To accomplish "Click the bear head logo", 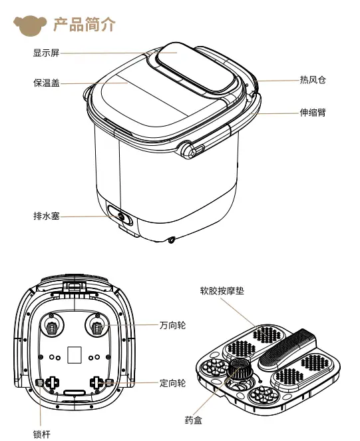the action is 30,25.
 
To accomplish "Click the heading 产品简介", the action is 85,25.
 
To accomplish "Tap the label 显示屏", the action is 47,53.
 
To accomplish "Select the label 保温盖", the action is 47,83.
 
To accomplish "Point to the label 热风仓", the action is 313,80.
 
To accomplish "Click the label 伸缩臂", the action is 313,113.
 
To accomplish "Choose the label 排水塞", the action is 47,216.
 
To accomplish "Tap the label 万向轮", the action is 172,325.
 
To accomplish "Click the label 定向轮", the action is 172,383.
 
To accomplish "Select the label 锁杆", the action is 42,434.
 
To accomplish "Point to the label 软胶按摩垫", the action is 222,290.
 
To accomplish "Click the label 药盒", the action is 194,420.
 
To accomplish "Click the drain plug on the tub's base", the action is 121,216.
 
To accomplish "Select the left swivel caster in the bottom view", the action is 51,326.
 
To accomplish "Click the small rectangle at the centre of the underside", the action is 75,354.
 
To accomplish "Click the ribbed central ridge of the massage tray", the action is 287,349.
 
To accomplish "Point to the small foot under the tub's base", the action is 172,240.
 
